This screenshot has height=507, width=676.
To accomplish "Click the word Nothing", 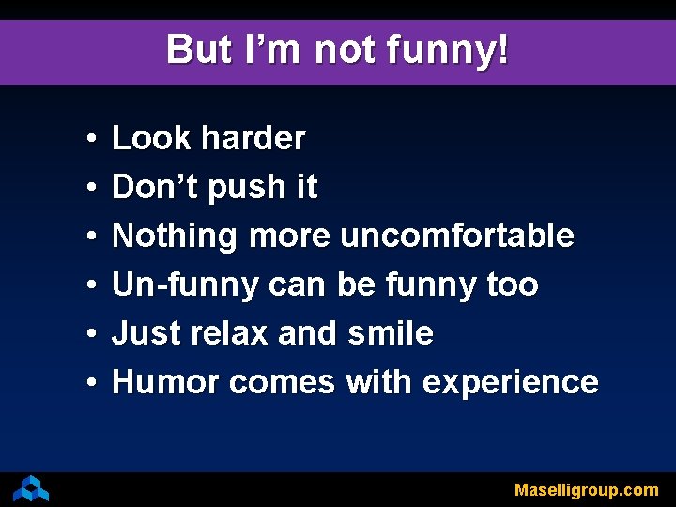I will click(175, 237).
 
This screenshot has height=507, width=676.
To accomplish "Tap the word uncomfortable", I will click(457, 236).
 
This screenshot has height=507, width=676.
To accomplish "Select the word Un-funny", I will click(185, 285).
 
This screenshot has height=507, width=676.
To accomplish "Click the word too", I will click(513, 284).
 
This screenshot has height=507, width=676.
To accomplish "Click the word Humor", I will click(165, 382).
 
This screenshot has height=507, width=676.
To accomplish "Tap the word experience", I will click(510, 383).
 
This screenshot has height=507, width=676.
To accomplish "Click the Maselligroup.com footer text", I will click(586, 490).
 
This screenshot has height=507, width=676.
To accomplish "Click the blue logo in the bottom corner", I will click(31, 488).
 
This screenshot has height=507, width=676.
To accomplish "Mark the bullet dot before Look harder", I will click(87, 140).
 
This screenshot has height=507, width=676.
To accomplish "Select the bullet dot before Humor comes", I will click(87, 383).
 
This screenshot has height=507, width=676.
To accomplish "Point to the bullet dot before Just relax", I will click(87, 334).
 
